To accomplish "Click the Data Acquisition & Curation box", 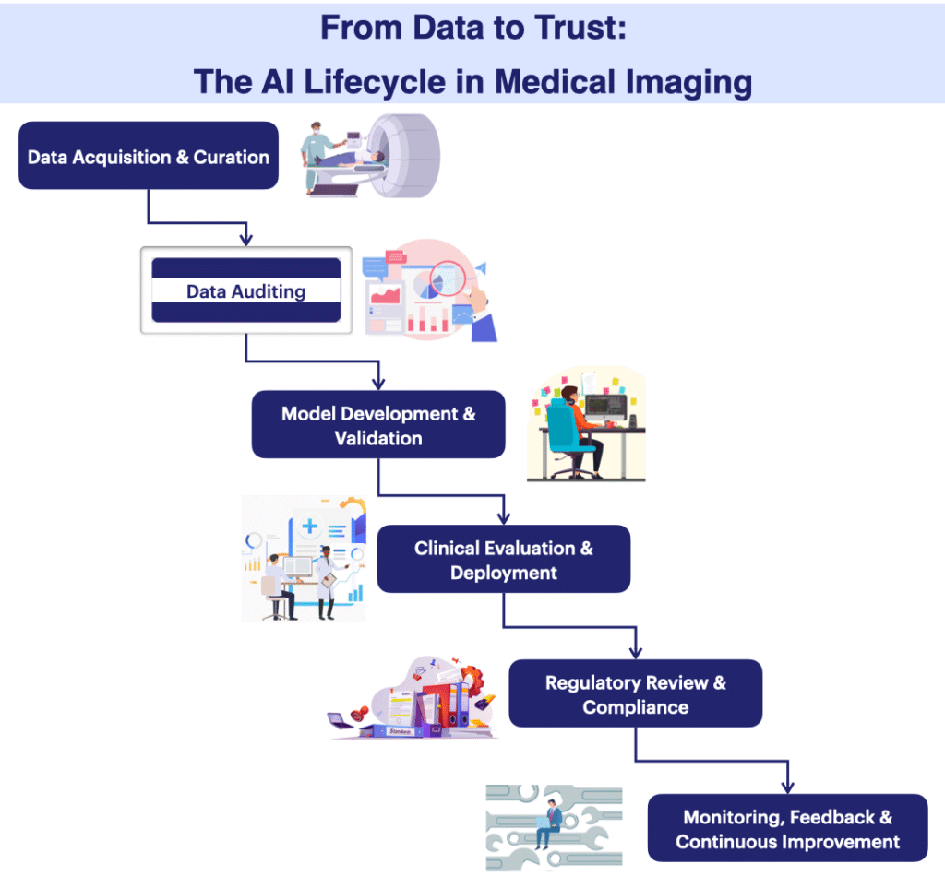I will [x=148, y=156].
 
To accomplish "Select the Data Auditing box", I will [x=245, y=290].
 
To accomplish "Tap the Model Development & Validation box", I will [x=378, y=425].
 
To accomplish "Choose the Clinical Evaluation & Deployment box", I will [x=503, y=560].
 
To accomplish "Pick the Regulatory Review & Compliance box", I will [x=635, y=694].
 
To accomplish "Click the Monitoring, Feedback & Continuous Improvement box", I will [x=787, y=829].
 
